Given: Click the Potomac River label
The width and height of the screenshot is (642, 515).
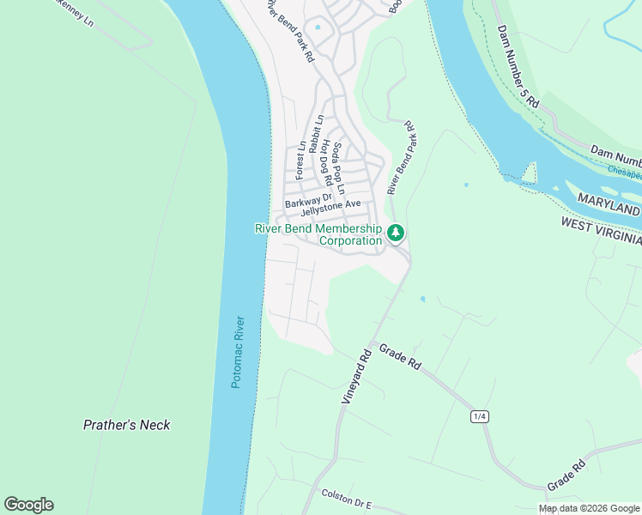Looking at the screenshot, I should click(x=239, y=352).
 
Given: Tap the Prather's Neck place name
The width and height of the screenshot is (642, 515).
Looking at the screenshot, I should click(x=126, y=425).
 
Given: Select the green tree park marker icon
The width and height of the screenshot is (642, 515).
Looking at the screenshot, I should click(x=396, y=233).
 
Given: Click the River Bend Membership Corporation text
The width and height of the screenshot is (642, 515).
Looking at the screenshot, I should click(x=318, y=234).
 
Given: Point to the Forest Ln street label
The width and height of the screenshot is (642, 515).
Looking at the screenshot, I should click(x=300, y=161).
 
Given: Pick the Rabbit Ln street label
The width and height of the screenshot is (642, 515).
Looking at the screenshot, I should click(x=316, y=134).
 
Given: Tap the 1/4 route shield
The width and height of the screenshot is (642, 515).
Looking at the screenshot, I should click(x=479, y=416).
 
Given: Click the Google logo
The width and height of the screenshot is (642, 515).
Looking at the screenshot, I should click(x=28, y=505).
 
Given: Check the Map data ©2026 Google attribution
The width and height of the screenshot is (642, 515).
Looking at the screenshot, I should click(x=589, y=508).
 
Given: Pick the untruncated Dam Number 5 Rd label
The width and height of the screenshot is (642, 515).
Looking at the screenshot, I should click(x=518, y=66).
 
